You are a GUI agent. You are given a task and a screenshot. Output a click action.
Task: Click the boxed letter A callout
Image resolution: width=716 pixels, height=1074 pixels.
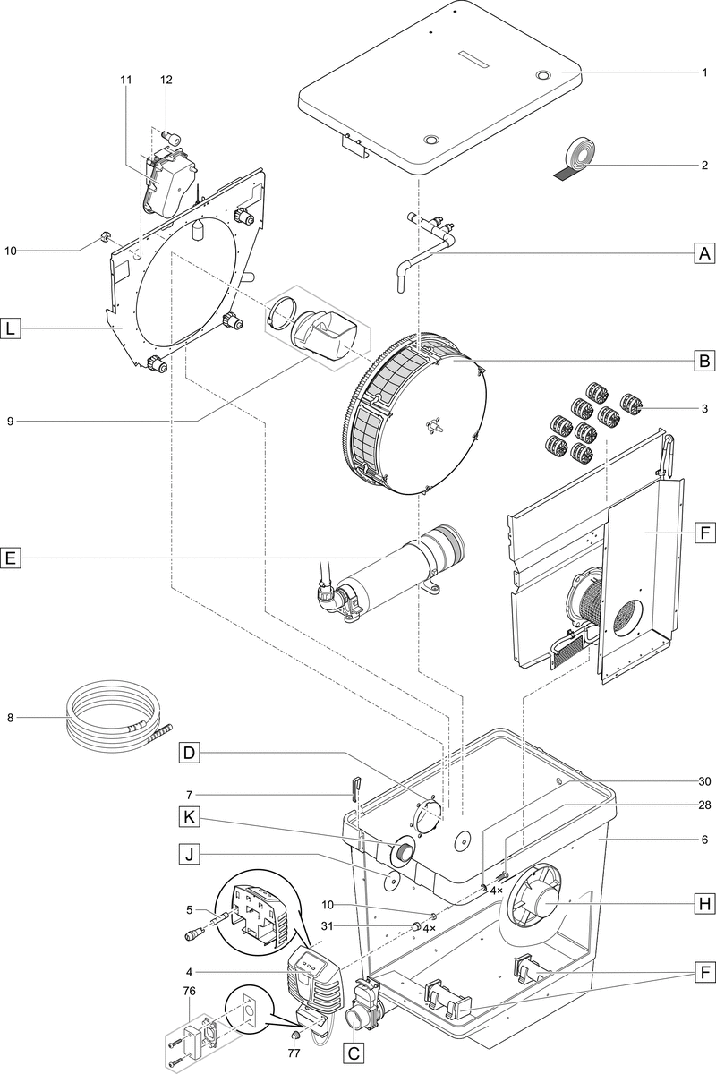coord(704,253)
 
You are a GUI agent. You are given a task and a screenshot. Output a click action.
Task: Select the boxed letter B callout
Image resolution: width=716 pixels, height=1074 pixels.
coord(704,362)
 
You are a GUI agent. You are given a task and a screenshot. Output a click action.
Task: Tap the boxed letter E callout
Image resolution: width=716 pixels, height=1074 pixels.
coord(11,558)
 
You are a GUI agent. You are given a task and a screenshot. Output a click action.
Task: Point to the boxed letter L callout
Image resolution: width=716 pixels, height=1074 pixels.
coord(11,329)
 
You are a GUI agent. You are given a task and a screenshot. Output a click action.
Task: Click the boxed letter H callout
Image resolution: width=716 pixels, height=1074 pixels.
coord(704,906)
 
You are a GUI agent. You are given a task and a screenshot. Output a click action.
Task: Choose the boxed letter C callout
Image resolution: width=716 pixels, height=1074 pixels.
coord(354,1053)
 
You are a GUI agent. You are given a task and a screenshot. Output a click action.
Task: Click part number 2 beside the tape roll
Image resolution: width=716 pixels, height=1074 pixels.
coord(705,165)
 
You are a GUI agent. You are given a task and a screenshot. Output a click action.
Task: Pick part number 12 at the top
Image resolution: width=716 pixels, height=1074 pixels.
coord(166,79)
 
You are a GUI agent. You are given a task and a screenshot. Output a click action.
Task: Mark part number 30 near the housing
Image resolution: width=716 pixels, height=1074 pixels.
coord(705,780)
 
